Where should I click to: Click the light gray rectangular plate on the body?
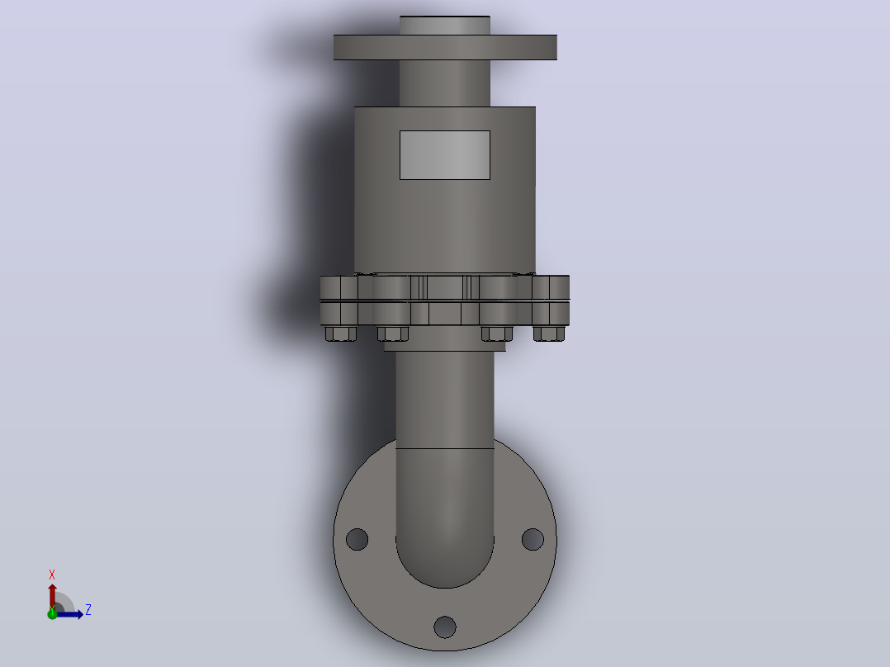[x=444, y=155]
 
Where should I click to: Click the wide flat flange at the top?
[x=445, y=47]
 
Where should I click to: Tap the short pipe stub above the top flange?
[x=445, y=26]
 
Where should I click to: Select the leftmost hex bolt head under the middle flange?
[x=340, y=333]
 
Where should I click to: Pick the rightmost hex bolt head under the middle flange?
[x=549, y=333]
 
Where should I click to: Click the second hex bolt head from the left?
[x=393, y=333]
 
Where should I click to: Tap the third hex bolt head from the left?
[x=497, y=333]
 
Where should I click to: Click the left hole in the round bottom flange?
[x=357, y=539]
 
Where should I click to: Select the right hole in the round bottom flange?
[x=533, y=539]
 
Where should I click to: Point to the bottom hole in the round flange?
[x=445, y=627]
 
